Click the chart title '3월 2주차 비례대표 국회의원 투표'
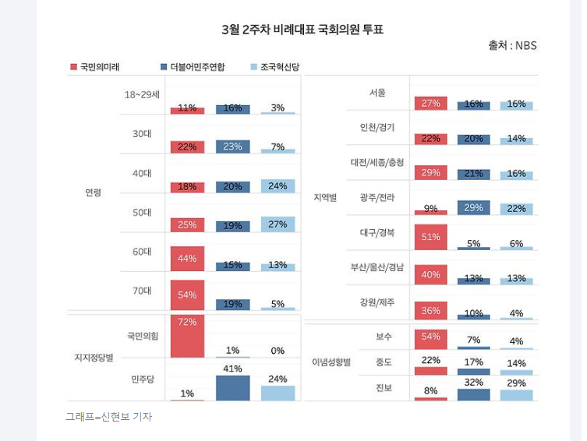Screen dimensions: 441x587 pyautogui.click(x=302, y=30)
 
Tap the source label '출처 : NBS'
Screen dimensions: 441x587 pyautogui.click(x=512, y=46)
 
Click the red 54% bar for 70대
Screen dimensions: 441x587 pyautogui.click(x=187, y=295)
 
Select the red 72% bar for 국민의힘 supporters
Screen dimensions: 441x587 pyautogui.click(x=187, y=336)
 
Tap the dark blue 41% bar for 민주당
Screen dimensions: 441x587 pyautogui.click(x=232, y=387)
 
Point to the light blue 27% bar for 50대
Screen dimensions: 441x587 pyautogui.click(x=278, y=224)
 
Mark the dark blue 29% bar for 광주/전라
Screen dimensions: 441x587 pyautogui.click(x=473, y=208)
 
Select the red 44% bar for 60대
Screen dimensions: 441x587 pyautogui.click(x=187, y=259)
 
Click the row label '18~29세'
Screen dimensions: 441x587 pyautogui.click(x=142, y=95)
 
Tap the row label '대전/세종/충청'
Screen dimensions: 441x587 pyautogui.click(x=377, y=162)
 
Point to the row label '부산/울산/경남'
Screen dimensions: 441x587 pyautogui.click(x=377, y=267)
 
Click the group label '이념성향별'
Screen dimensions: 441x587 pyautogui.click(x=331, y=362)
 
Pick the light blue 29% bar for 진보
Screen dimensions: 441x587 pyautogui.click(x=516, y=394)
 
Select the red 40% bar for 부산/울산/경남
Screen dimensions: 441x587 pyautogui.click(x=431, y=274)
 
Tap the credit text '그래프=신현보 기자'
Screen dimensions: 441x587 pyautogui.click(x=108, y=417)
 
